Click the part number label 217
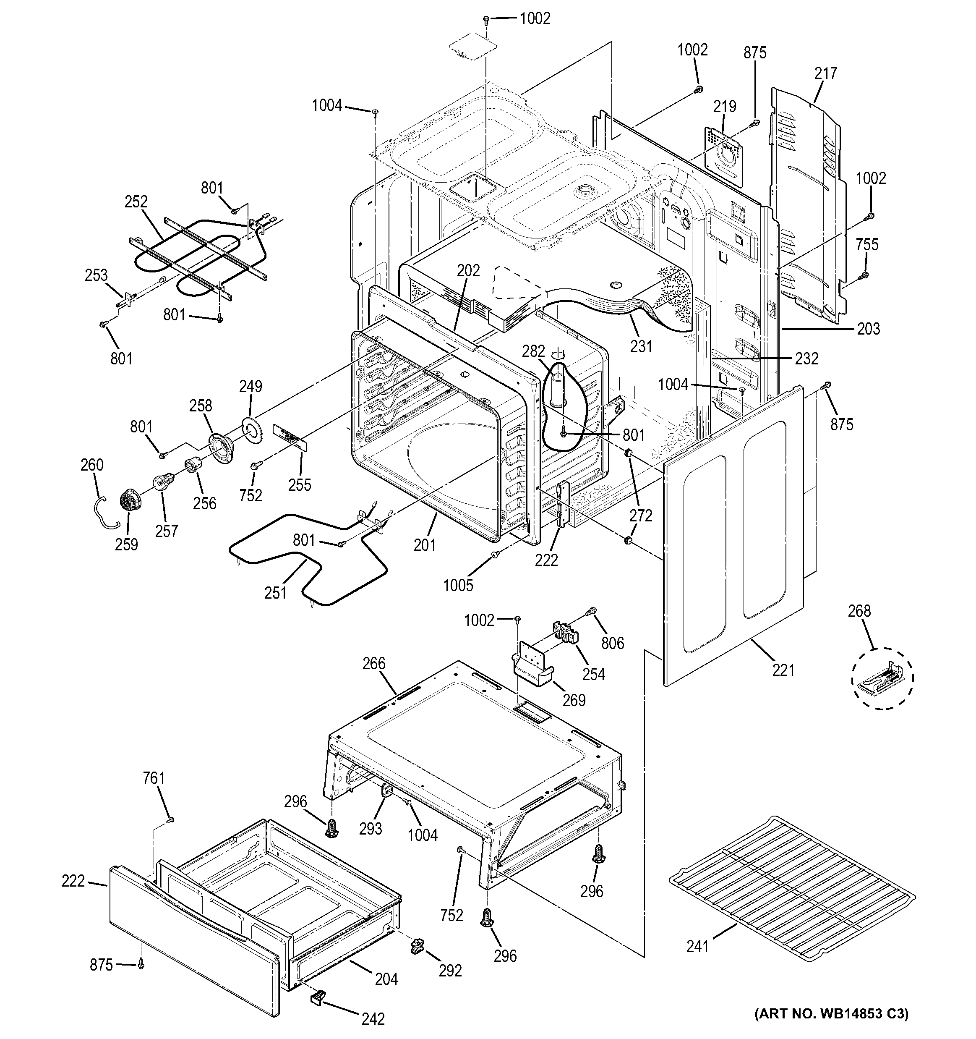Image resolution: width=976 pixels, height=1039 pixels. pos(825,73)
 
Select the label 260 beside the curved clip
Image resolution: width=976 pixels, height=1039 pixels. pos(92,465)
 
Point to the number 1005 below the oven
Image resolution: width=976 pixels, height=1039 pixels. pos(458,585)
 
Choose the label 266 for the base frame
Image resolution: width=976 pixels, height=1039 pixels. pos(374,664)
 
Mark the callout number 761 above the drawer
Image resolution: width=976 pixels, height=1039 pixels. pos(154,793)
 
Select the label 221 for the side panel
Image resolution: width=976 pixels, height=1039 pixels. pos(784,670)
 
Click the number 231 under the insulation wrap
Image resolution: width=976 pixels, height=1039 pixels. pos(641,346)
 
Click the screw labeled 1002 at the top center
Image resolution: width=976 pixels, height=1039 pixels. pos(486,19)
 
